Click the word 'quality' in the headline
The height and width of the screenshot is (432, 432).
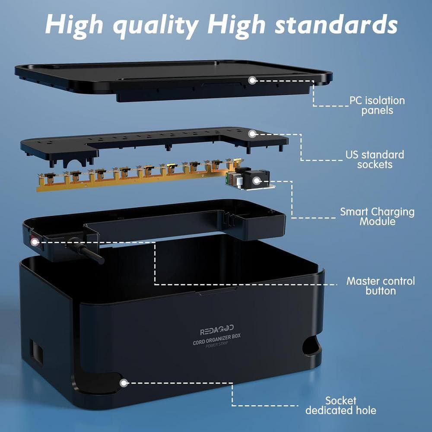[x=156, y=26]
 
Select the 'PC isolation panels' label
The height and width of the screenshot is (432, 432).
[x=377, y=105]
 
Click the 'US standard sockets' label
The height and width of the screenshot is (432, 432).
[x=375, y=159]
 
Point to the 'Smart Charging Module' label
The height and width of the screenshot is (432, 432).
[x=377, y=216]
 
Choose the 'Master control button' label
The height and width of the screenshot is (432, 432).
[x=381, y=286]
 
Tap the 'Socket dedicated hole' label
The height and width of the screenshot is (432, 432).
[x=341, y=406]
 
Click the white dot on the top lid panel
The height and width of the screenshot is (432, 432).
[x=252, y=80]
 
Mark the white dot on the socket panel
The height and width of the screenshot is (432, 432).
[x=252, y=134]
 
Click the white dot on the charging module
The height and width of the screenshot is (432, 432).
[x=257, y=181]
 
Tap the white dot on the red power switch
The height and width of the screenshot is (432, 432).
[x=35, y=242]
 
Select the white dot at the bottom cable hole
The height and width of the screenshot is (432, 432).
[x=124, y=383]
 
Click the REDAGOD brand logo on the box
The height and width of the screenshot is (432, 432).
[x=217, y=330]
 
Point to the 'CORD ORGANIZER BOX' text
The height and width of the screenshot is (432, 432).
[x=216, y=339]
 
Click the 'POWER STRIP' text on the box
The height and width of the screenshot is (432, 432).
[x=217, y=345]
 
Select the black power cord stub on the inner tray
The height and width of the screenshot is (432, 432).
[x=86, y=251]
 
